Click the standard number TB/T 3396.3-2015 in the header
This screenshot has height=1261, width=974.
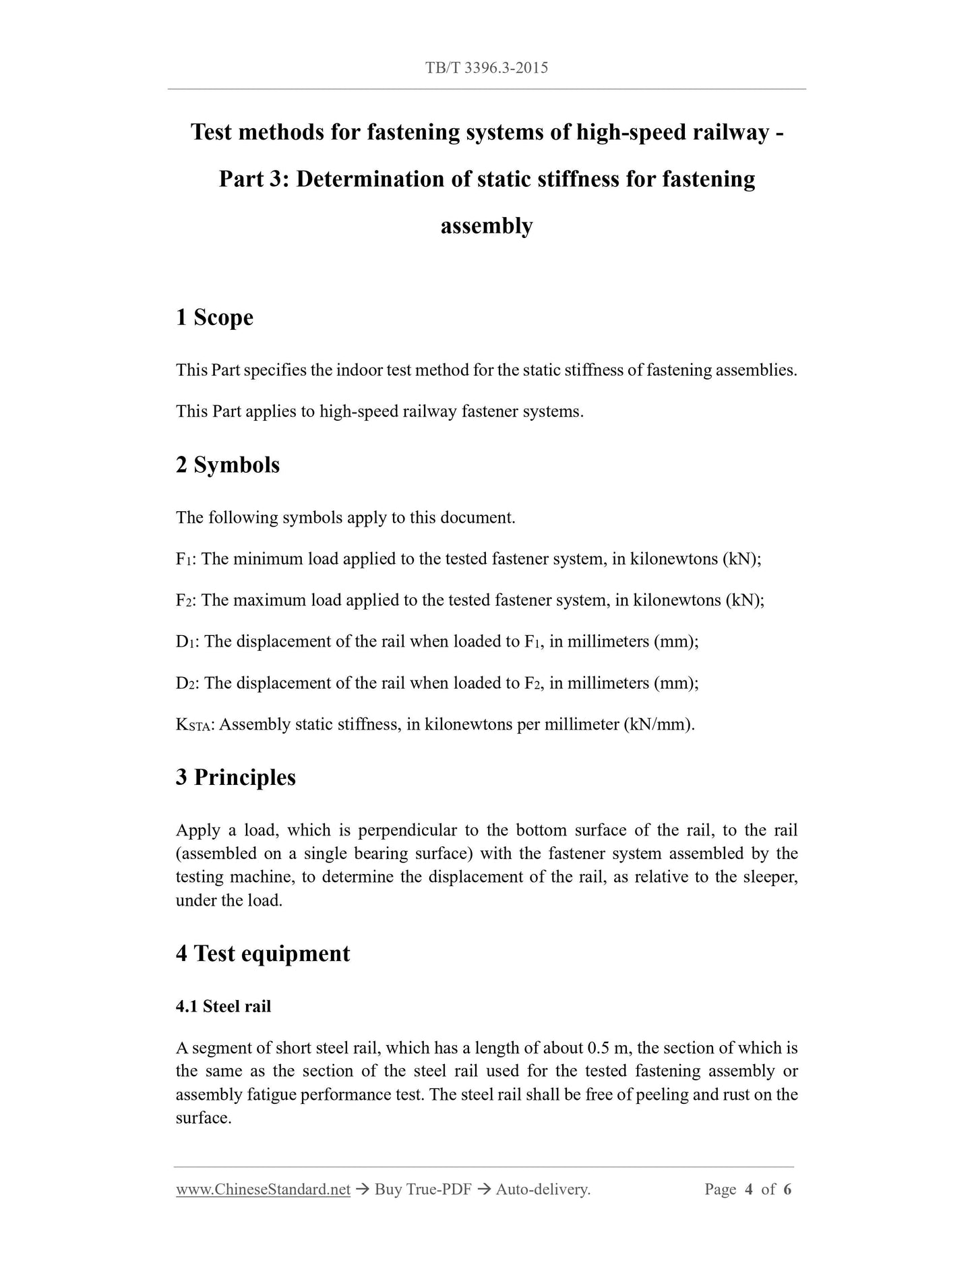(x=486, y=67)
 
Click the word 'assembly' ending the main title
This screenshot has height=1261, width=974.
(x=486, y=226)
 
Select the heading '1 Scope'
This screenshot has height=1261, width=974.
(x=214, y=317)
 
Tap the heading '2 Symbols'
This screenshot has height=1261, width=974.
(x=227, y=465)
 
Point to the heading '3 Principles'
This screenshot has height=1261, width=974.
(x=235, y=777)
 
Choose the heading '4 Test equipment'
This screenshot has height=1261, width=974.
(x=263, y=953)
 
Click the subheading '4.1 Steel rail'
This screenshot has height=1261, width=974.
(x=223, y=1006)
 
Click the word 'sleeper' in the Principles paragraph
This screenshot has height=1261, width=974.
(x=770, y=877)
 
